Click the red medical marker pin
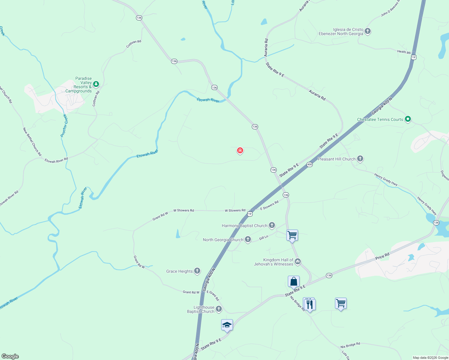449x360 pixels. [240, 150]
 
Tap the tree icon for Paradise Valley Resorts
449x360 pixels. [96, 84]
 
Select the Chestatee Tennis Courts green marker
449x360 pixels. [408, 119]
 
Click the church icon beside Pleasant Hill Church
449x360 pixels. [360, 159]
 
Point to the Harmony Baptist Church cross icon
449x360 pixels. [272, 225]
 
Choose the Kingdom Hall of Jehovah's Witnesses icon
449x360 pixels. [298, 262]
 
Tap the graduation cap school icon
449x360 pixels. [227, 325]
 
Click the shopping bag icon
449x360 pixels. [294, 282]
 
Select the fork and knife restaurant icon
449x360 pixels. [309, 304]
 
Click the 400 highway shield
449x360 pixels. [310, 164]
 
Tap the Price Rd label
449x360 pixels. [382, 256]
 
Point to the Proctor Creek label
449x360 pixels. [64, 125]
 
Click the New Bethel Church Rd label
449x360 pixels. [32, 142]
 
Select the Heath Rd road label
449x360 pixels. [404, 52]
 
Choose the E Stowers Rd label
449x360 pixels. [269, 205]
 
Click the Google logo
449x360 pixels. [10, 356]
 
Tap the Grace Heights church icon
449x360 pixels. [197, 271]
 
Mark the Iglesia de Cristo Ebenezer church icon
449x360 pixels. [368, 31]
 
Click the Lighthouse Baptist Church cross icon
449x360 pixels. [219, 309]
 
